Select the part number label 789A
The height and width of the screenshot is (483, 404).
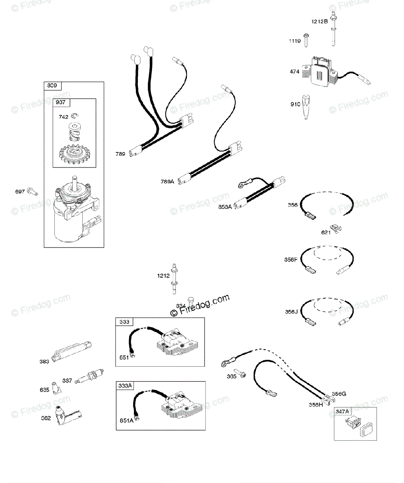[x=168, y=182]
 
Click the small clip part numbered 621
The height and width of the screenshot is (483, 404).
[x=336, y=228]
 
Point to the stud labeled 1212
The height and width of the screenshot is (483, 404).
[x=175, y=278]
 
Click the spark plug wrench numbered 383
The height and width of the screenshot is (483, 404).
[x=74, y=348]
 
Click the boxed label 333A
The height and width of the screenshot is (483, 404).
[x=125, y=386]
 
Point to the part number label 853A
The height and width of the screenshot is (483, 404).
[x=225, y=207]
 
